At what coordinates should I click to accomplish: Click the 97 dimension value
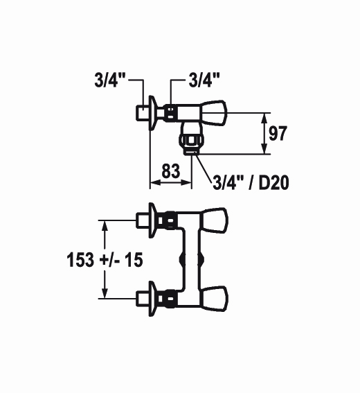point(278,133)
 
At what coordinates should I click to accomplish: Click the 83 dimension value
point(171,171)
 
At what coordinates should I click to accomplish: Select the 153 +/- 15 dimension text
point(105,260)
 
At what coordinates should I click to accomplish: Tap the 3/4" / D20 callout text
point(251,182)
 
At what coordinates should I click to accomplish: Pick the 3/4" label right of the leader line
point(204,80)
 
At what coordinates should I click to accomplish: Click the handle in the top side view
point(213,113)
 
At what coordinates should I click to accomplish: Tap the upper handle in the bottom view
point(215,220)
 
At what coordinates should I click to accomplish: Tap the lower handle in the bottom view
point(215,299)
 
